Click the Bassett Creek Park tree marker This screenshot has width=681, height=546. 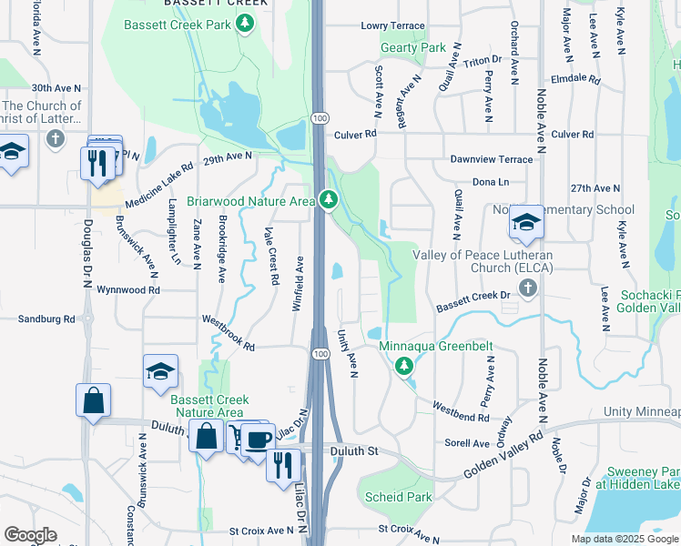coord(244,24)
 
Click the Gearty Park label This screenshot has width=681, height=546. coord(413,47)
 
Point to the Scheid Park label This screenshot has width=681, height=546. coord(398,498)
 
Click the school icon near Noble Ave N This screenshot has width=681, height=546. coord(526,223)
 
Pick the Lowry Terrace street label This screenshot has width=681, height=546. coord(392,26)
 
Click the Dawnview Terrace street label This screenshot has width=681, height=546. coord(492,159)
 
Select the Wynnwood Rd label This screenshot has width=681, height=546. coord(129,290)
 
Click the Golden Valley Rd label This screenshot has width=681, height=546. coord(503,458)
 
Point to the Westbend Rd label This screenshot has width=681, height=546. coord(461,411)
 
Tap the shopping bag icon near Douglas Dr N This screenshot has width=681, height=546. coord(93,401)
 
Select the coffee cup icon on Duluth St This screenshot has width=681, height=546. coord(258,438)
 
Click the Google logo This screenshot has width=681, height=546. coord(30,535)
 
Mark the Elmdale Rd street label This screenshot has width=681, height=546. coord(575,79)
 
